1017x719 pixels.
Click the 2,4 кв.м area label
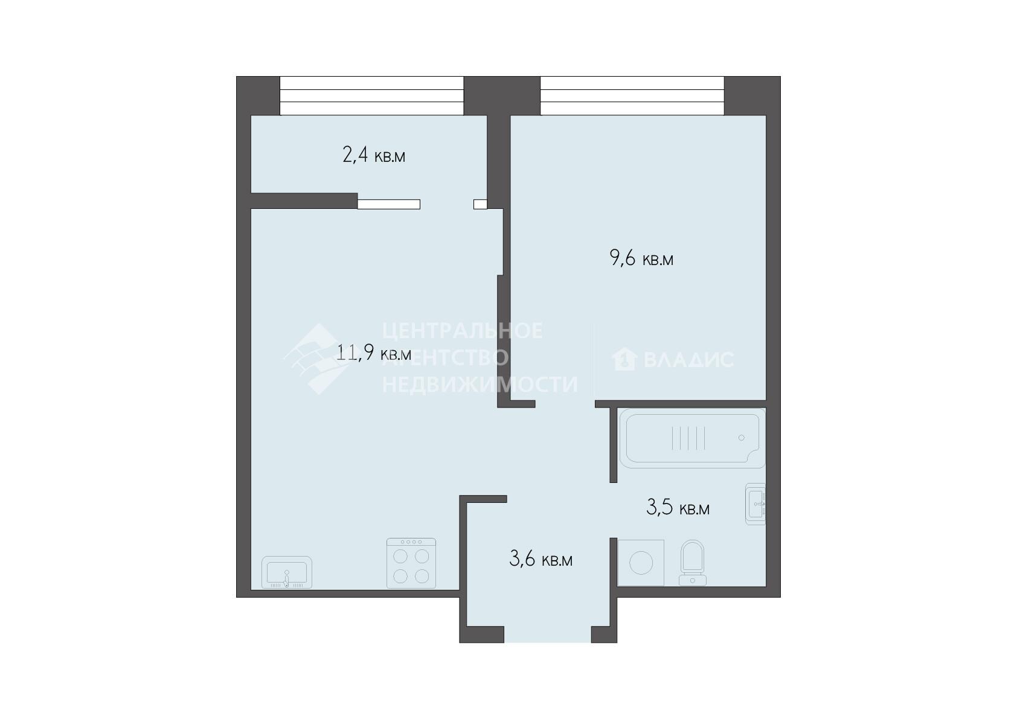pyautogui.click(x=374, y=155)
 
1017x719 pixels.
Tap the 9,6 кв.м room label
pyautogui.click(x=641, y=259)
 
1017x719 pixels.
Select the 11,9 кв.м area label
pyautogui.click(x=374, y=352)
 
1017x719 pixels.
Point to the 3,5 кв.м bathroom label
pyautogui.click(x=678, y=508)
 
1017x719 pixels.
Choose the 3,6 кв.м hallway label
pyautogui.click(x=541, y=559)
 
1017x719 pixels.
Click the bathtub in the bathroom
pyautogui.click(x=692, y=438)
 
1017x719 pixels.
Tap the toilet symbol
pyautogui.click(x=692, y=563)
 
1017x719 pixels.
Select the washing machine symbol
pyautogui.click(x=641, y=563)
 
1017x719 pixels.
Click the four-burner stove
pyautogui.click(x=411, y=563)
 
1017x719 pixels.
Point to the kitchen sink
pyautogui.click(x=286, y=572)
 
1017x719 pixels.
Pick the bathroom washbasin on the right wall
pyautogui.click(x=756, y=504)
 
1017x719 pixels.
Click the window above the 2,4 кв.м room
pyautogui.click(x=371, y=96)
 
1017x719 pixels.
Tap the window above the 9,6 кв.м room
pyautogui.click(x=632, y=96)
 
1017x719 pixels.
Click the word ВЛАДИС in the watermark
pyautogui.click(x=688, y=360)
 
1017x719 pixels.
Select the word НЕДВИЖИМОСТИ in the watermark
pyautogui.click(x=480, y=384)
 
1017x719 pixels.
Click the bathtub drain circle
pyautogui.click(x=742, y=438)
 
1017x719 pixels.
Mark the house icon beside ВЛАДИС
pyautogui.click(x=624, y=359)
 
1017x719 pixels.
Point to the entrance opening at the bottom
pyautogui.click(x=548, y=634)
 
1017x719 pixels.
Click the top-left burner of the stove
pyautogui.click(x=400, y=556)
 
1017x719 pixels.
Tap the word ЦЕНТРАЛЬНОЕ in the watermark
pyautogui.click(x=462, y=331)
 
